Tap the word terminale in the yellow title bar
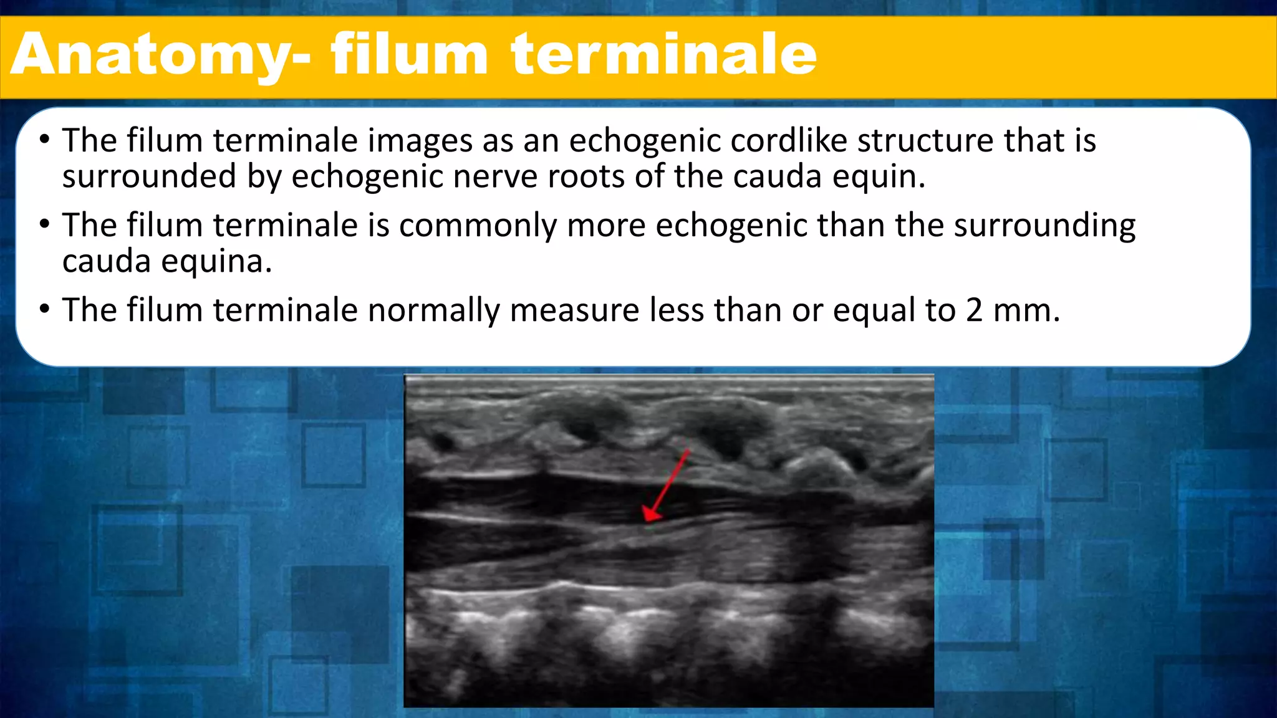click(663, 55)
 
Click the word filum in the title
click(409, 55)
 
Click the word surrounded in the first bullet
click(149, 176)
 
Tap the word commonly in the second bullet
click(478, 225)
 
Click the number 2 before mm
click(975, 310)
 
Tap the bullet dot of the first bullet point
click(44, 139)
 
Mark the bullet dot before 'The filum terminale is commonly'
click(44, 224)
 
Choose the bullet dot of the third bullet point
click(44, 309)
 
